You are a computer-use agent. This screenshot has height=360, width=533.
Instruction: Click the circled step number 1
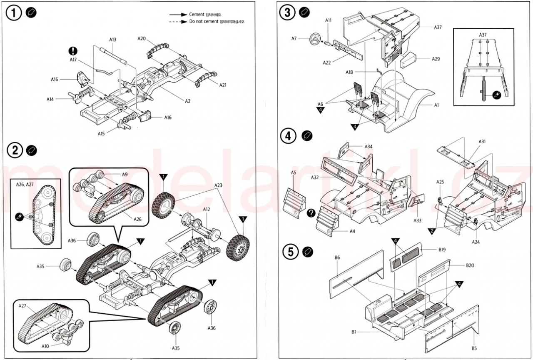coord(14,13)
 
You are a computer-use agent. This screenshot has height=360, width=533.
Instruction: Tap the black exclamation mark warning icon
coord(73,51)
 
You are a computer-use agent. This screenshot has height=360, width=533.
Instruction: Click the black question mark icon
coord(311,213)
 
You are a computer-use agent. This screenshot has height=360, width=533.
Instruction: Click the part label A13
coord(113,40)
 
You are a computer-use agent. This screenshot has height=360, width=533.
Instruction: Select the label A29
coord(436,59)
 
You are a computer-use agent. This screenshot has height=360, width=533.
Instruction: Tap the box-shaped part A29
coord(408,60)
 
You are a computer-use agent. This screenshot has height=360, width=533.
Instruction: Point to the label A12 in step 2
coord(207,209)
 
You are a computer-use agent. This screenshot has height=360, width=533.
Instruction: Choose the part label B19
coord(442,250)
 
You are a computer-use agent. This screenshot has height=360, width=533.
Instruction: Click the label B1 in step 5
coord(354,332)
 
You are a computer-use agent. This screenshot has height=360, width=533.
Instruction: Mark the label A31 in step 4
coord(482,142)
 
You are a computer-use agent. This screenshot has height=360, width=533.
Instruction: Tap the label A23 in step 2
coord(219,185)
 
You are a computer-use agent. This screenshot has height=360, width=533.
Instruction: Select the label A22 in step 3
coord(327,62)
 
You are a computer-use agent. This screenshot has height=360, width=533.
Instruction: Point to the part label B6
coord(337,257)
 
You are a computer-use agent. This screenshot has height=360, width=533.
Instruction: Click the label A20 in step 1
coord(142,38)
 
